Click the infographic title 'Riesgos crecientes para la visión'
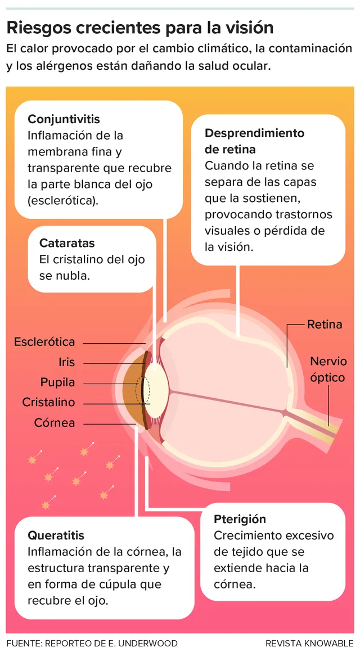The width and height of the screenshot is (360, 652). pyautogui.click(x=140, y=28)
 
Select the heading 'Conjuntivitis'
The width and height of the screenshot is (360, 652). pyautogui.click(x=64, y=119)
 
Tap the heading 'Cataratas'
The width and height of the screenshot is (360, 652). pyautogui.click(x=67, y=243)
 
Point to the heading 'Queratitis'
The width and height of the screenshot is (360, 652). pyautogui.click(x=56, y=535)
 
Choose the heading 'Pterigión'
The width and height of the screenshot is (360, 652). pyautogui.click(x=240, y=519)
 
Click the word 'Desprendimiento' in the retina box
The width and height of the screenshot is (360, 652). pyautogui.click(x=255, y=133)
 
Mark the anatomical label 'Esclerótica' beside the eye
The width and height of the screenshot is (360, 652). pyautogui.click(x=44, y=342)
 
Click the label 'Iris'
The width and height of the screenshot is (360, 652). pyautogui.click(x=66, y=362)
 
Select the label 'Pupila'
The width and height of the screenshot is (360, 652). pyautogui.click(x=58, y=383)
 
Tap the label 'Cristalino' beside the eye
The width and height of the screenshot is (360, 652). pyautogui.click(x=48, y=403)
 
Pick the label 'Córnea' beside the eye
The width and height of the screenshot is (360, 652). pyautogui.click(x=55, y=423)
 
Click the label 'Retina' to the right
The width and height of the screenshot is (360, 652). pyautogui.click(x=325, y=325)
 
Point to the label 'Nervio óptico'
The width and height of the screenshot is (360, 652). pyautogui.click(x=328, y=369)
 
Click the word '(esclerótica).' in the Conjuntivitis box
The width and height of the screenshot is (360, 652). pyautogui.click(x=64, y=201)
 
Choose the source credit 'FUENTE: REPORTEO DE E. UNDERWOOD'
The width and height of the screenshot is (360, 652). pyautogui.click(x=92, y=643)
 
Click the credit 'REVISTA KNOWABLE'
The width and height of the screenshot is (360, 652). pyautogui.click(x=310, y=643)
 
